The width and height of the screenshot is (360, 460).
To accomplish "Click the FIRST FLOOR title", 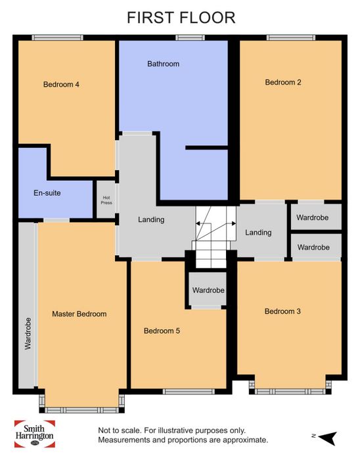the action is pyautogui.click(x=181, y=18).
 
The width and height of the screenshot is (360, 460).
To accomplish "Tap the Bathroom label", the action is pyautogui.click(x=164, y=64).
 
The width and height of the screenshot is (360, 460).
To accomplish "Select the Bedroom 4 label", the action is pyautogui.click(x=61, y=85).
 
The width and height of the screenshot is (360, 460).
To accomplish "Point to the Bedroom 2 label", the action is pyautogui.click(x=283, y=82).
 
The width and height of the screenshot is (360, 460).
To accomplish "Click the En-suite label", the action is pyautogui.click(x=47, y=193).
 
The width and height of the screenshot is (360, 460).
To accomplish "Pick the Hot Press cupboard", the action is pyautogui.click(x=106, y=200).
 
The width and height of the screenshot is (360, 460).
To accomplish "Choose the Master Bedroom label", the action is pyautogui.click(x=79, y=314).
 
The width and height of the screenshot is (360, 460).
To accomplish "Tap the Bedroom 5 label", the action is pyautogui.click(x=162, y=331).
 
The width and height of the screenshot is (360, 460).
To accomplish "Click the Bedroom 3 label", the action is pyautogui.click(x=282, y=311).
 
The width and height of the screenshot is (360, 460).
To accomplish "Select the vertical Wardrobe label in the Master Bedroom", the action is pyautogui.click(x=28, y=334).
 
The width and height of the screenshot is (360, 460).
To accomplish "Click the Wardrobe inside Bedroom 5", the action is pyautogui.click(x=208, y=290).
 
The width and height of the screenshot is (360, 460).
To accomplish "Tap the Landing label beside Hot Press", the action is pyautogui.click(x=151, y=219).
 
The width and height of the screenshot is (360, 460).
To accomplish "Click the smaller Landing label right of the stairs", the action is pyautogui.click(x=258, y=233).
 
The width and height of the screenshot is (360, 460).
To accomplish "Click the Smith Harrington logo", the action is pyautogui.click(x=35, y=434).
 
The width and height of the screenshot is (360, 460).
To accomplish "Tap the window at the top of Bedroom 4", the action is pyautogui.click(x=57, y=37).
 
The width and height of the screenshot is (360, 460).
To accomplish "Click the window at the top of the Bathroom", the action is pyautogui.click(x=191, y=37).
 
